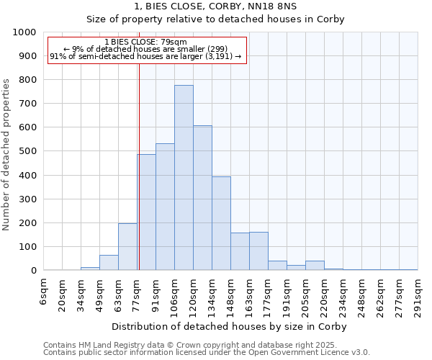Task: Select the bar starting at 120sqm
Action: [202, 198]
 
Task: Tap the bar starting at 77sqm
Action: [147, 212]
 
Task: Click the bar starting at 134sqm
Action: [221, 223]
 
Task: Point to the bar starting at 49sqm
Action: [109, 263]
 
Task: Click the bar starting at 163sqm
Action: [258, 251]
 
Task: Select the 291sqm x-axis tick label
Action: [418, 295]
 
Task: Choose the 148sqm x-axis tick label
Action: [231, 295]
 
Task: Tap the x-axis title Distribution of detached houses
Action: [230, 326]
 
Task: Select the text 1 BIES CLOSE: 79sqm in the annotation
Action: [145, 42]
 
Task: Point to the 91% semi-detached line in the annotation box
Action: [145, 56]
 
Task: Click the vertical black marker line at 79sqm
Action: [139, 166]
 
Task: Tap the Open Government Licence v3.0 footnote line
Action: [207, 353]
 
